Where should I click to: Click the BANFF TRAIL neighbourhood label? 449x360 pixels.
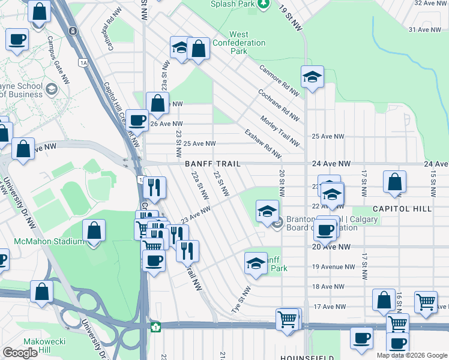point(212,164)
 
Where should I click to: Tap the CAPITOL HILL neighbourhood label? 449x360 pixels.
point(402,209)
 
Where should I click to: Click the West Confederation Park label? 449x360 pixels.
point(247,43)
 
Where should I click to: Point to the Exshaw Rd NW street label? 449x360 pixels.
point(263,144)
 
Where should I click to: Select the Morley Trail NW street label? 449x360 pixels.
point(280,131)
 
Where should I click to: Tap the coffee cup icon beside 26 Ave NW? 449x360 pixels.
point(137,120)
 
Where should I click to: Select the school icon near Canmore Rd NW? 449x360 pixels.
point(312,77)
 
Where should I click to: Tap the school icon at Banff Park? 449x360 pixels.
point(256,264)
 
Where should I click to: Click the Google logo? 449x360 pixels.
point(20,353)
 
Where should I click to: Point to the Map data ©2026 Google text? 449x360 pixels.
point(412,355)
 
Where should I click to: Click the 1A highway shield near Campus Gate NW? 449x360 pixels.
point(83,62)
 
